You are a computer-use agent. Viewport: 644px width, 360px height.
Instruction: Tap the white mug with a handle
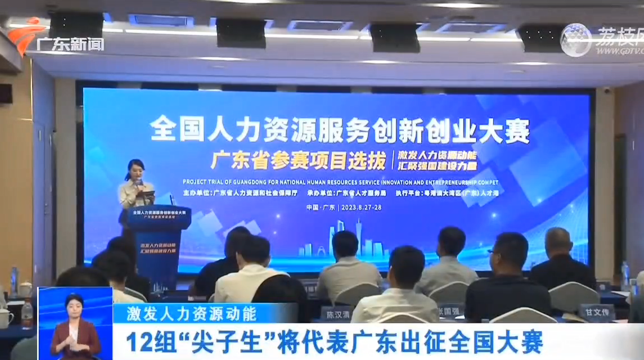point(5,318)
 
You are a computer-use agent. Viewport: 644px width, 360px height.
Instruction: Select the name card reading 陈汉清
point(335,314)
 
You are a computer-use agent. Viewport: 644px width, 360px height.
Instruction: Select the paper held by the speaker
point(147,194)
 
